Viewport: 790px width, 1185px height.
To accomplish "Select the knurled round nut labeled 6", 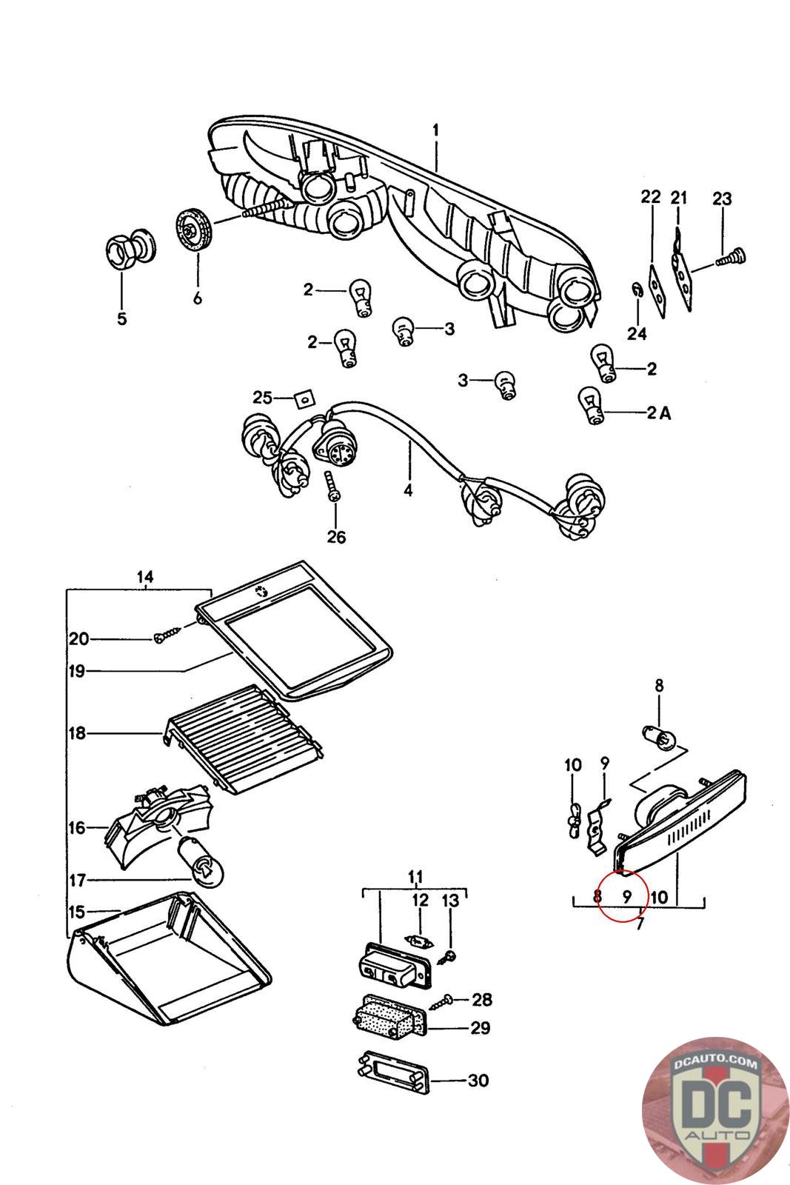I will pos(195,230).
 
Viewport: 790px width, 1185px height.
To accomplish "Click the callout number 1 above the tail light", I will pos(436,130).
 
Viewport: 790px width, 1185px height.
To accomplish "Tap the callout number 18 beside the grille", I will pos(78,733).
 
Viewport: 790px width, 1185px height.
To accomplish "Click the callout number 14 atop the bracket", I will pos(145,576).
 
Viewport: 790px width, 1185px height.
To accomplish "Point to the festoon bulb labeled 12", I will pos(419,941).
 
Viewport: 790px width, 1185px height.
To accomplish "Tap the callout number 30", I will pos(478,1081).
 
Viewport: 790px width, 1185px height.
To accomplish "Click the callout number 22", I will pos(651,197).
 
